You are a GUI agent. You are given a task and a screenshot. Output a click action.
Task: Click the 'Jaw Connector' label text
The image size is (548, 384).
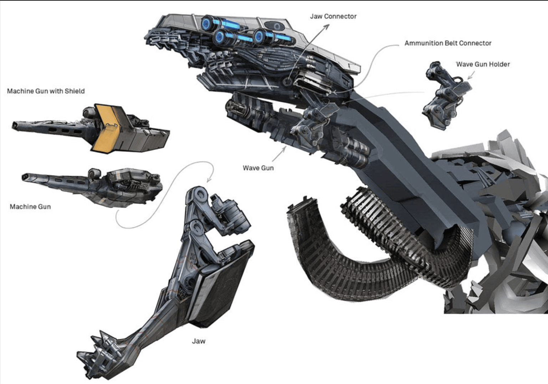click(x=333, y=16)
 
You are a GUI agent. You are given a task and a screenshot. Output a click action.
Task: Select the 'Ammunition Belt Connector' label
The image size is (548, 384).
click(x=448, y=43)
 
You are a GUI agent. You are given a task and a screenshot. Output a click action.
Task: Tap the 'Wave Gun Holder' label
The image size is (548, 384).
click(x=483, y=64)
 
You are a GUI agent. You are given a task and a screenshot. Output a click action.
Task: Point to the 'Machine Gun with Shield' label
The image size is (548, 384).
click(x=46, y=91)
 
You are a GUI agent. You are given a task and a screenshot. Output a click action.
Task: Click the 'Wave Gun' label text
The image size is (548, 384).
click(x=258, y=168)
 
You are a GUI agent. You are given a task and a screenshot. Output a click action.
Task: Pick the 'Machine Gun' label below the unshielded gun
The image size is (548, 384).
click(x=30, y=207)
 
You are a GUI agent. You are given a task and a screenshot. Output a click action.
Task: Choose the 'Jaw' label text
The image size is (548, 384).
click(x=198, y=341)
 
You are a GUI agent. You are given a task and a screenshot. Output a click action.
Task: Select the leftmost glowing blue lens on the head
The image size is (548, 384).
click(x=206, y=24)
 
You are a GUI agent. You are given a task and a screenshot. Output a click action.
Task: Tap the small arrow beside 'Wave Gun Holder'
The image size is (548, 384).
click(x=471, y=76)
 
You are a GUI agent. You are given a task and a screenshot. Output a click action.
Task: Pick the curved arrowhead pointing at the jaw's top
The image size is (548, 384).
click(x=209, y=180)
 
